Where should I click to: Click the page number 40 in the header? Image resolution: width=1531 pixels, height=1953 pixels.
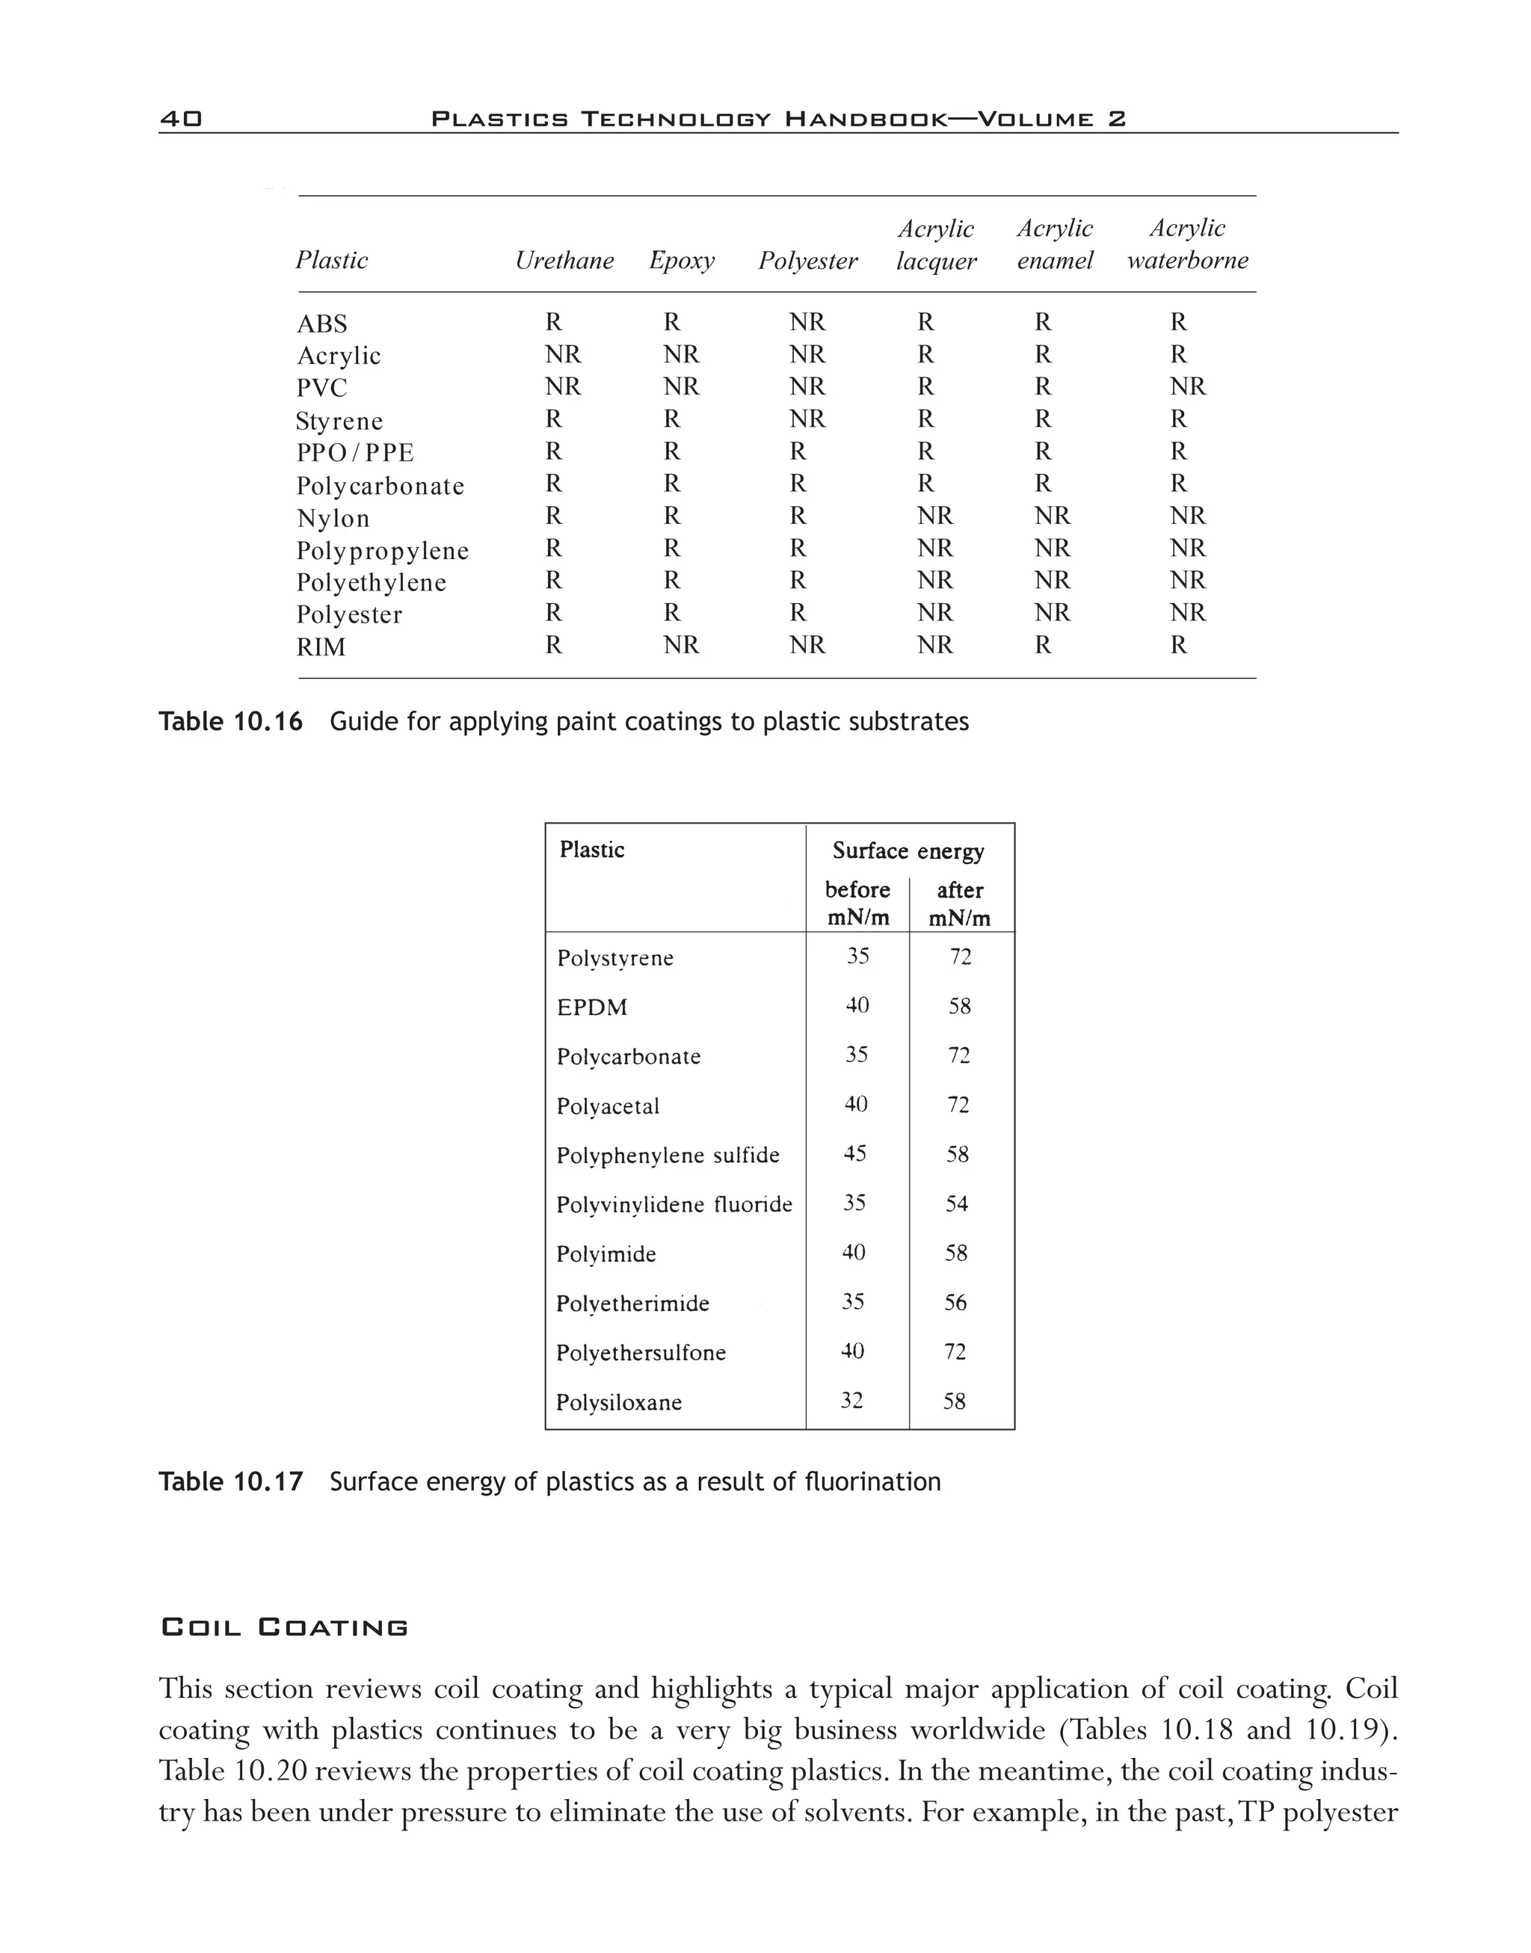(181, 118)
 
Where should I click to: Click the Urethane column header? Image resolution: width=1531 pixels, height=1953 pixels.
(564, 261)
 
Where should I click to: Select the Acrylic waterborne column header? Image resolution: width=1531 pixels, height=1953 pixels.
(1187, 244)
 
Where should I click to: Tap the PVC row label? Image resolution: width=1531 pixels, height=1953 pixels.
(321, 388)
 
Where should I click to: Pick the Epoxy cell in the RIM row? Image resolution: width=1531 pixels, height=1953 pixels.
(680, 645)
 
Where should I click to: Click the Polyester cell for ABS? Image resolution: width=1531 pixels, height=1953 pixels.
(807, 323)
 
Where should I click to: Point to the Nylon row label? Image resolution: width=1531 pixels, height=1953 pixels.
(333, 519)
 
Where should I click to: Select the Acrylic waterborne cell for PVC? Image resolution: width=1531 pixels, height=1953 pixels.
(1188, 387)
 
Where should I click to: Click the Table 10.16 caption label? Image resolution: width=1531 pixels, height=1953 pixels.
(230, 721)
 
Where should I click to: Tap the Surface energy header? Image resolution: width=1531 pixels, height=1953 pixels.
(908, 851)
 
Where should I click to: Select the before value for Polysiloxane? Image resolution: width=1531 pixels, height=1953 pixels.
(851, 1400)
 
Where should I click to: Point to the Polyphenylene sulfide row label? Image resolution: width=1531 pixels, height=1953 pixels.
(668, 1156)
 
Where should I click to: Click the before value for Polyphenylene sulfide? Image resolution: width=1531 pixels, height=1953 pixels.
(854, 1153)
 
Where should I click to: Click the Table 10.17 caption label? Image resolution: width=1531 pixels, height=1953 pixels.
(230, 1481)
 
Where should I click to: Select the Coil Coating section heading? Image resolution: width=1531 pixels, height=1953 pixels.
(284, 1627)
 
